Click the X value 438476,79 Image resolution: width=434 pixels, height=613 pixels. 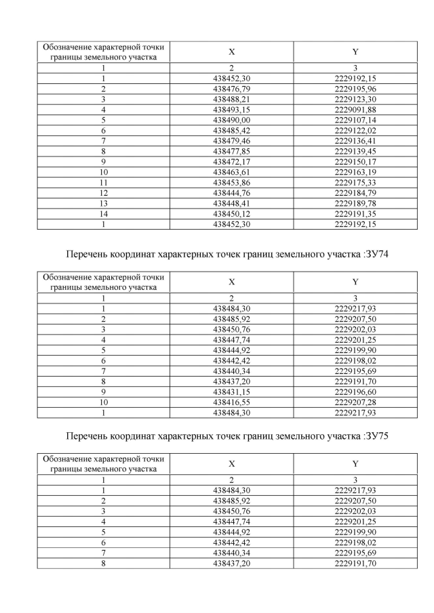click(x=232, y=89)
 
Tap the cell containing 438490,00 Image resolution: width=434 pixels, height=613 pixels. click(x=232, y=120)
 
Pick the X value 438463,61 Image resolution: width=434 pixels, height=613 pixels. click(x=232, y=171)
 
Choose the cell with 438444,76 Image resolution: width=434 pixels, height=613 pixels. click(x=232, y=192)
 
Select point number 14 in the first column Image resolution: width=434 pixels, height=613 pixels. click(x=103, y=213)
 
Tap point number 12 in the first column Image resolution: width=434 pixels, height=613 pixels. click(x=103, y=192)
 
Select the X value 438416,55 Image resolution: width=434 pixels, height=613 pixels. click(x=232, y=402)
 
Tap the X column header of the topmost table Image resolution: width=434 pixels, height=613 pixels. click(x=232, y=51)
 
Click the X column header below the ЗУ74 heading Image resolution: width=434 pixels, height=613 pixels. click(x=232, y=282)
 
